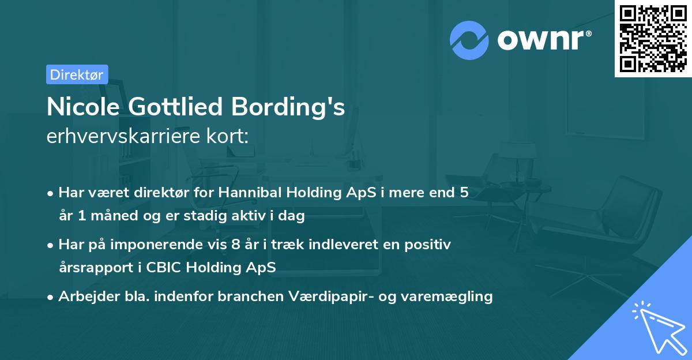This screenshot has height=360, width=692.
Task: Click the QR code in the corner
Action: pos(653,39)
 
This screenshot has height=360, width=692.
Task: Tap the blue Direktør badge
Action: pos(77,74)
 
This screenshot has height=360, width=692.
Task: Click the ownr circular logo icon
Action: pos(469,40)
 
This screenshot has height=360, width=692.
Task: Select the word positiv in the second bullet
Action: pos(430,245)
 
